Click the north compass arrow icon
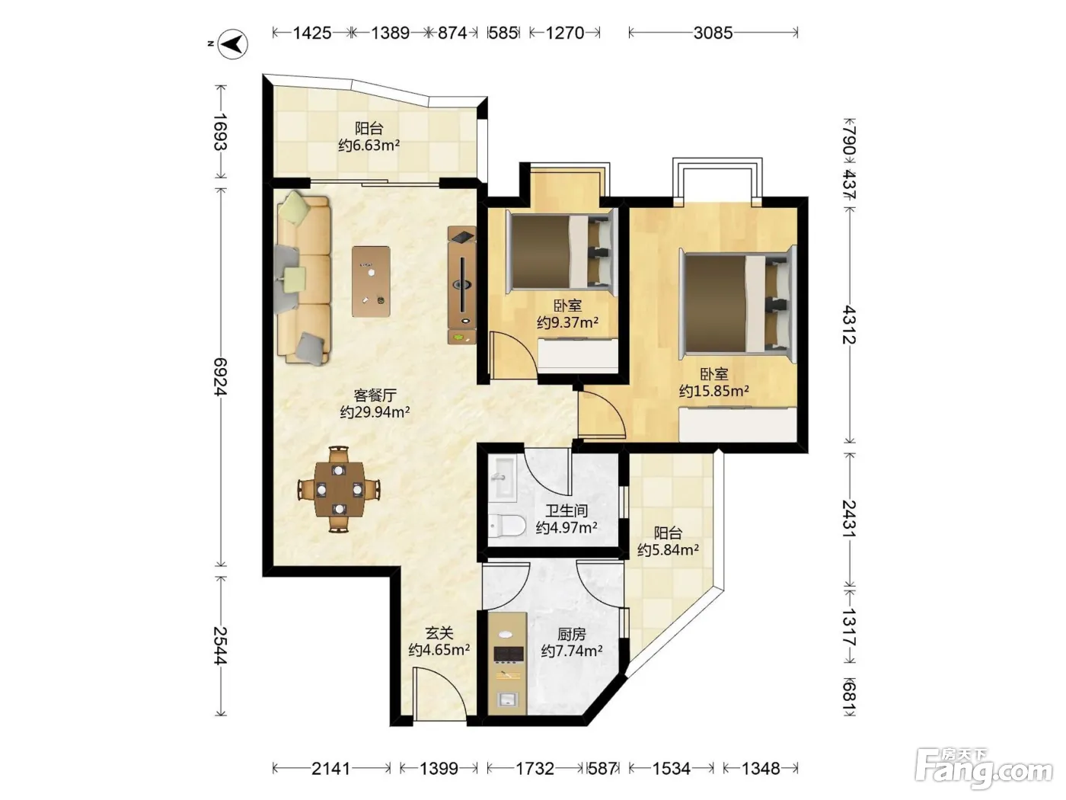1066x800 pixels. [x=233, y=43]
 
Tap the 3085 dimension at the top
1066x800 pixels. [x=713, y=33]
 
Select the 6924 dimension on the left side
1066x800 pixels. [x=221, y=377]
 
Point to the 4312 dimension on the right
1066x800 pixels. [x=849, y=325]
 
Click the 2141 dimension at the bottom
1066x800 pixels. [x=330, y=769]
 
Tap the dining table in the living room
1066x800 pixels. [x=339, y=489]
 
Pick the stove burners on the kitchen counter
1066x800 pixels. [x=508, y=654]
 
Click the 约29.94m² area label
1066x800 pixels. [x=375, y=412]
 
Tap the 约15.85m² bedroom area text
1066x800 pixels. [x=713, y=391]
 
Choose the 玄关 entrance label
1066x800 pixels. [x=439, y=633]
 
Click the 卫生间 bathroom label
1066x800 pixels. [x=567, y=510]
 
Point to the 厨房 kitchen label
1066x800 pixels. [x=572, y=634]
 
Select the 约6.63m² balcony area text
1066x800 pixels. [x=369, y=145]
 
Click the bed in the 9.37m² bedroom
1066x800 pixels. [x=562, y=251]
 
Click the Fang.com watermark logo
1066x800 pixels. [x=984, y=769]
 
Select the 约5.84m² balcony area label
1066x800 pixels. [x=668, y=550]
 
